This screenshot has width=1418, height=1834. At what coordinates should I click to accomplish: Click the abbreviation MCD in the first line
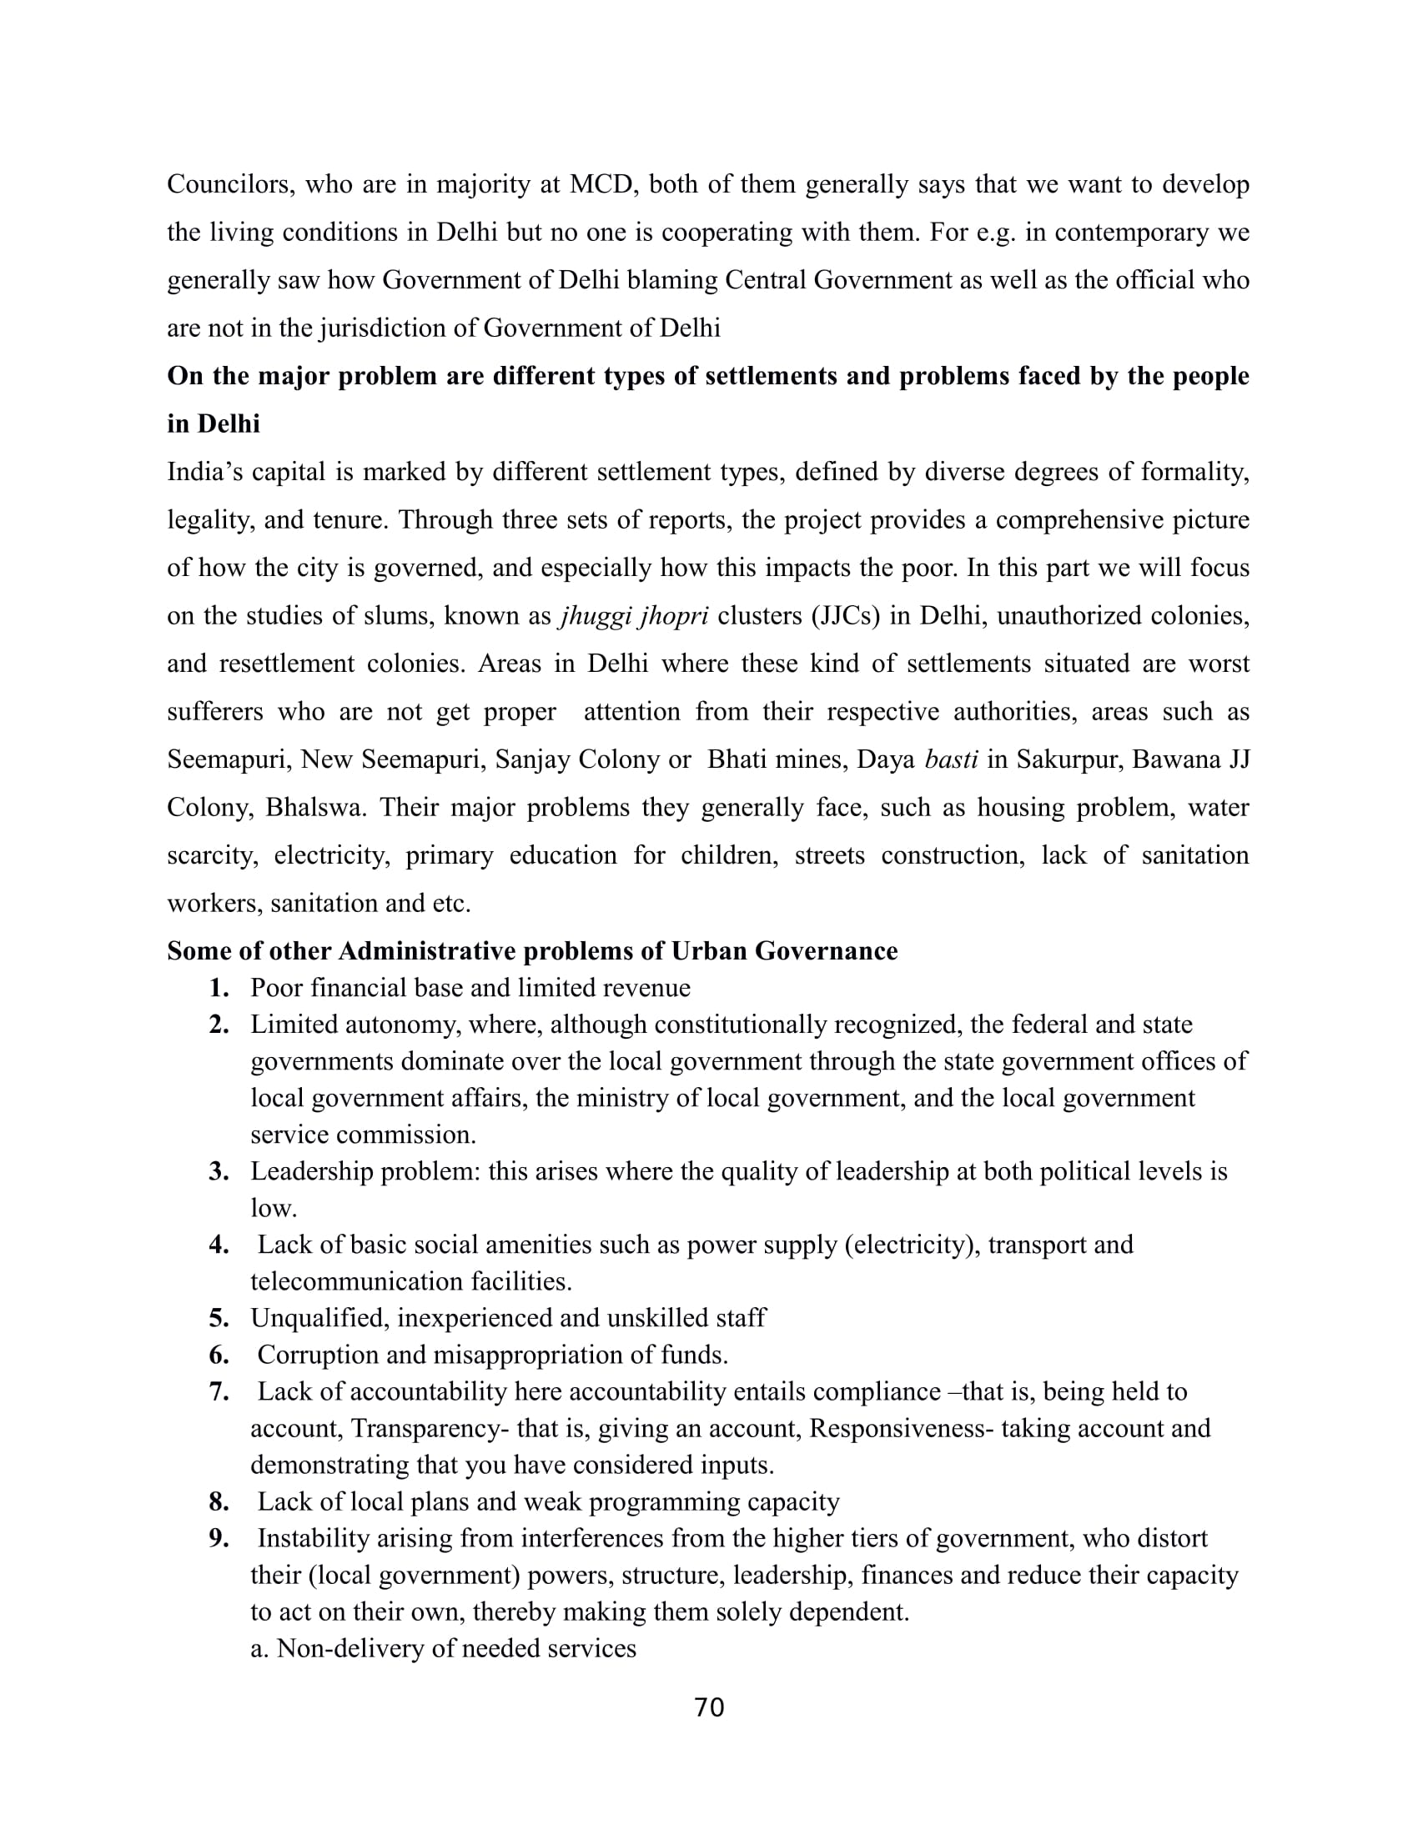pos(600,185)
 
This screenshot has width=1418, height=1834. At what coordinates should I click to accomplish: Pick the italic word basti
pos(951,760)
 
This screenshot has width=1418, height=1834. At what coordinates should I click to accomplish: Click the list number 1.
pos(219,989)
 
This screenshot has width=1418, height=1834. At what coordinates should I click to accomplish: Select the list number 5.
pos(219,1319)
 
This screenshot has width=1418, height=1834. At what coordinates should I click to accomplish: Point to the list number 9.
pos(219,1538)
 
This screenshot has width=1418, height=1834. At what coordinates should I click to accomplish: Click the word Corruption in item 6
pos(309,1355)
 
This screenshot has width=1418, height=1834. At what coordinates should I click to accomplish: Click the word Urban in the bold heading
pos(708,951)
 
